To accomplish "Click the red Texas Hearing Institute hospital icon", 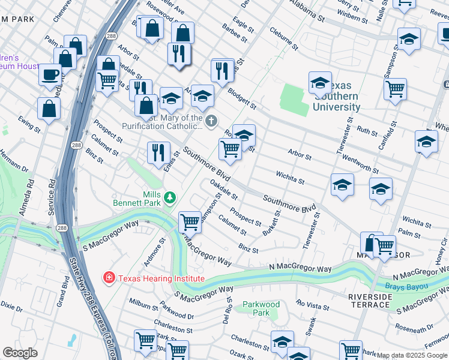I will pyautogui.click(x=109, y=278).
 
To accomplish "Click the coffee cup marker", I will pyautogui.click(x=50, y=75).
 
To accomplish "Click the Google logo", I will pyautogui.click(x=20, y=353).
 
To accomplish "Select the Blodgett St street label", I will pyautogui.click(x=242, y=97).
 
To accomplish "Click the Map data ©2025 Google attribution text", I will pyautogui.click(x=412, y=355).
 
